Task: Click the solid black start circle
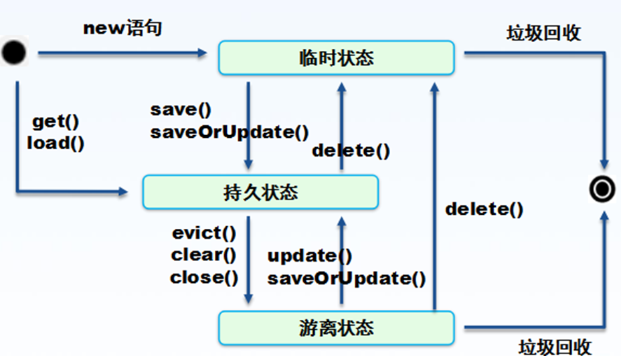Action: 14,52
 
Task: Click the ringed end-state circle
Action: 602,189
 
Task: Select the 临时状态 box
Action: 336,58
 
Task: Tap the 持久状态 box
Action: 260,192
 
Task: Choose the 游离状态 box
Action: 336,328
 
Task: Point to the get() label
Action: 56,122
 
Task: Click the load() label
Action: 56,143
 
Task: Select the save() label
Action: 181,110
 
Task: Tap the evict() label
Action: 204,233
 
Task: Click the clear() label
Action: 203,255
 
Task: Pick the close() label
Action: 204,277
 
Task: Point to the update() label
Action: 310,256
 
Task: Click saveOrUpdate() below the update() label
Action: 347,278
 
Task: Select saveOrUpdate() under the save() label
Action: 230,132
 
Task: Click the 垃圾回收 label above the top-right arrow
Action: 543,33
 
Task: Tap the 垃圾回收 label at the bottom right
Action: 555,347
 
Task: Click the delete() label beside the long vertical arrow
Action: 484,209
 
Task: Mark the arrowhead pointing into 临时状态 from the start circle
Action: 202,53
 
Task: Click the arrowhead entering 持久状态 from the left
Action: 123,191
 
